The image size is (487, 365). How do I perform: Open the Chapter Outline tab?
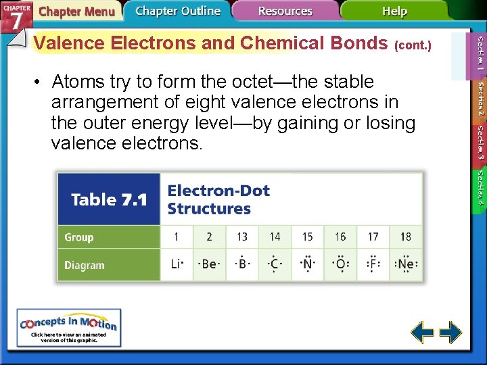coord(177,11)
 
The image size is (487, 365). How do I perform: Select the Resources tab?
coord(285,11)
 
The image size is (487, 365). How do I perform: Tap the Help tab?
coord(394,11)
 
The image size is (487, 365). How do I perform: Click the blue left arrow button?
coord(423,333)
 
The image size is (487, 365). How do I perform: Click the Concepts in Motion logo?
coord(69,327)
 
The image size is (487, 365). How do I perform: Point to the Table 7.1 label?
coord(109,199)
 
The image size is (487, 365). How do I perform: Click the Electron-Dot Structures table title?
coord(218,199)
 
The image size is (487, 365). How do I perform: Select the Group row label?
coord(79,237)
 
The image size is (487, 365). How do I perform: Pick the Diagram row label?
coord(85,265)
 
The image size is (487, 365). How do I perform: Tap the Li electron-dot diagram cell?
coord(177,264)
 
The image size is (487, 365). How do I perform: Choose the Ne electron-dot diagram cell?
coord(406,264)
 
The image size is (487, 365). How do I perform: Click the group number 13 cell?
coord(242,237)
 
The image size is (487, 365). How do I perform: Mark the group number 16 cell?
coord(340,237)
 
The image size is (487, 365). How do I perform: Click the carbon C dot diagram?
coord(275,264)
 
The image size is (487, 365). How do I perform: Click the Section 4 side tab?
coord(480,187)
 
